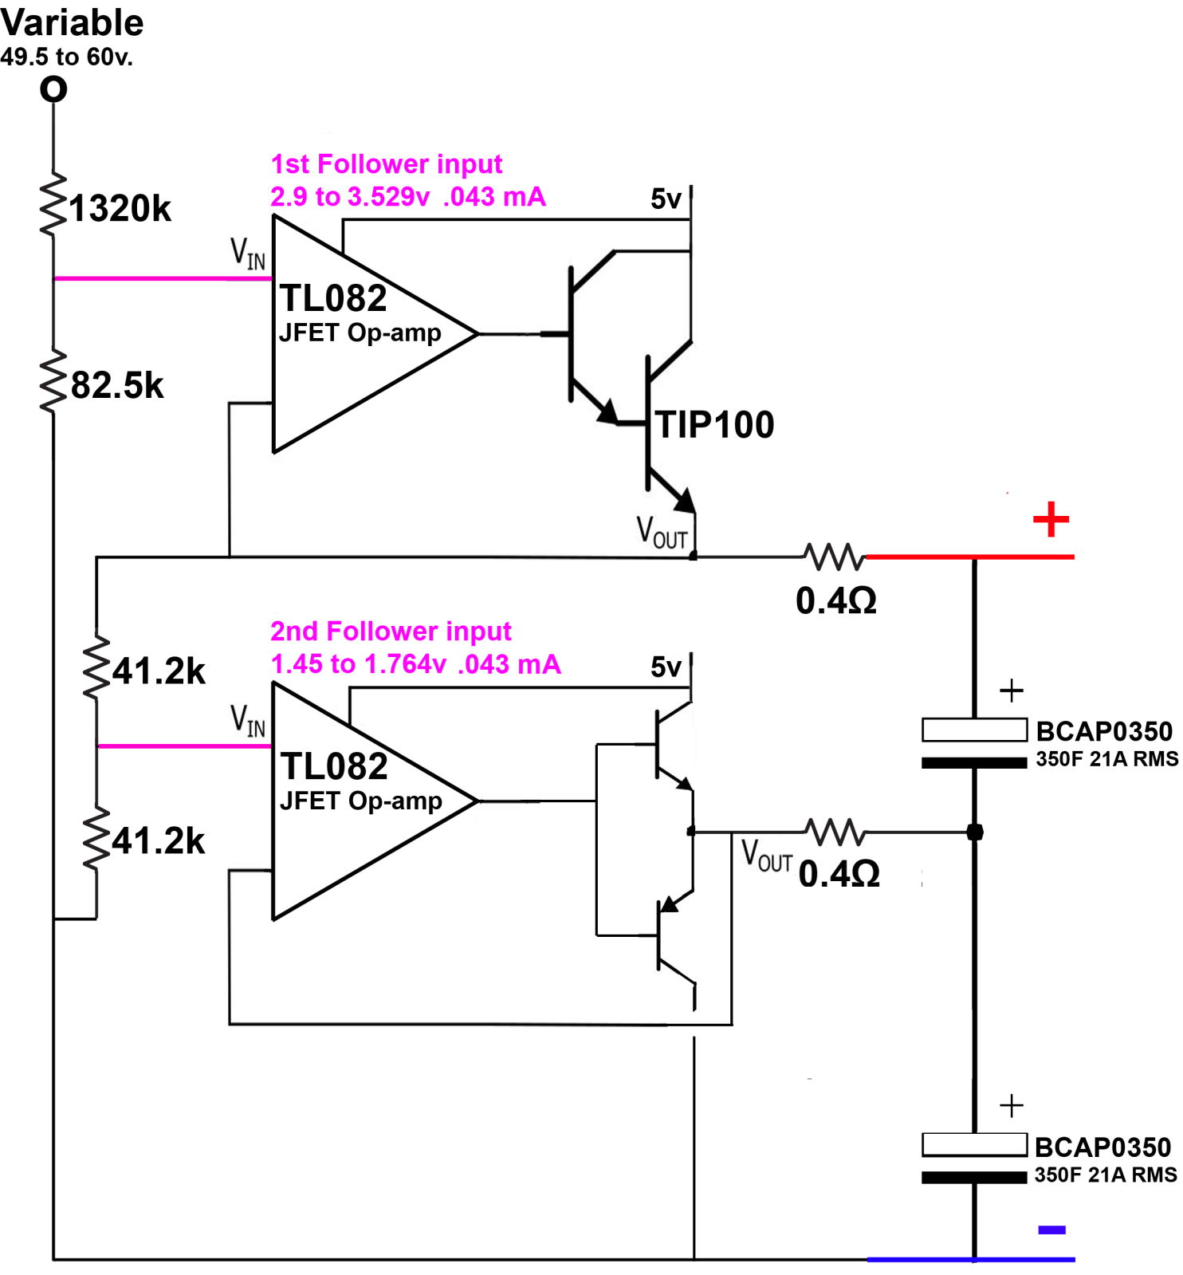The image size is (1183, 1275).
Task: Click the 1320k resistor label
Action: [x=120, y=209]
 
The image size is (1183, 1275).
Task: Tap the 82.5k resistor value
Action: [x=117, y=386]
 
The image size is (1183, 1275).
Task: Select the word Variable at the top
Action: [x=72, y=22]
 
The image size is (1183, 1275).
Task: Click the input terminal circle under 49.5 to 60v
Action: [x=53, y=89]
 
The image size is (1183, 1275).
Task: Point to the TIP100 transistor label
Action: [x=715, y=424]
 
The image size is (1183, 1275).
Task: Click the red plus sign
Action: [x=1051, y=519]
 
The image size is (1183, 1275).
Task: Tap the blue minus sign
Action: [x=1051, y=1230]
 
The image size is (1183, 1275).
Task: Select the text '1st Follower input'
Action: [x=387, y=164]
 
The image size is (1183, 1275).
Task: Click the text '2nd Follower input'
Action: [x=391, y=632]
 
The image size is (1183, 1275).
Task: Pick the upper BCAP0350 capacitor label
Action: [x=1104, y=731]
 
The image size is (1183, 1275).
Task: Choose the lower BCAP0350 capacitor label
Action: [x=1102, y=1147]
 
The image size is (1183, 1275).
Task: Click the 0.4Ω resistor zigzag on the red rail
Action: [x=834, y=557]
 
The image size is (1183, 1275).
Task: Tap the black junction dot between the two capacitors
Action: [x=974, y=832]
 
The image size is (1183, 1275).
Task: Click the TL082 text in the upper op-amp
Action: [x=333, y=299]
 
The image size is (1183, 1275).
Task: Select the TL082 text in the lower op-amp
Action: [x=334, y=766]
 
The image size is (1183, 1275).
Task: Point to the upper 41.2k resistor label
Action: [x=159, y=671]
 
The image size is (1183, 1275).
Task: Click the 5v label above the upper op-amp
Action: [x=666, y=199]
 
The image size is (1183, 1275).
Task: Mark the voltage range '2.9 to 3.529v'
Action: [x=350, y=197]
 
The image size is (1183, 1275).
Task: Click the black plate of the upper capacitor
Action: [x=974, y=763]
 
